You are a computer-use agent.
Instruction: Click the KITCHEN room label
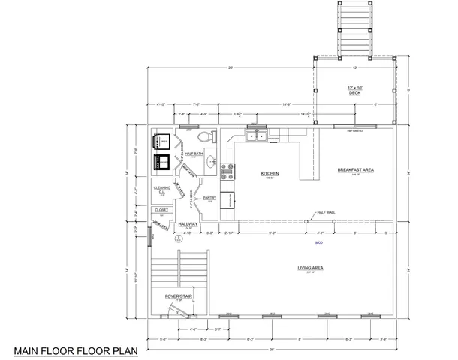270,173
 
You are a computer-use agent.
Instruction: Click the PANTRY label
209,197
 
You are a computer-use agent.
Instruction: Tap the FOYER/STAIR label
178,297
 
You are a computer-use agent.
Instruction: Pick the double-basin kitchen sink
255,136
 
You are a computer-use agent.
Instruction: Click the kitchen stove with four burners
227,172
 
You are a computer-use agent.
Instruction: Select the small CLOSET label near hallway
161,210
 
